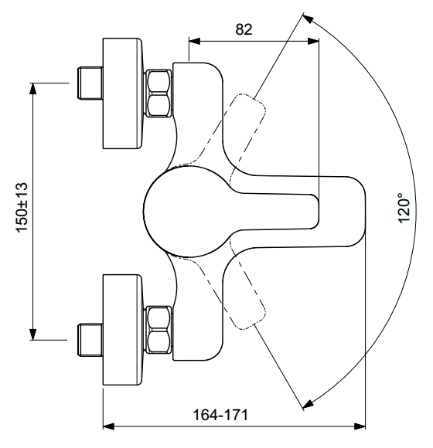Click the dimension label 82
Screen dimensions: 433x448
244,29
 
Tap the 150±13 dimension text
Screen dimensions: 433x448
22,208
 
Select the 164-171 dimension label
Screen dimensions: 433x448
220,415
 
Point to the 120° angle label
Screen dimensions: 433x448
404,208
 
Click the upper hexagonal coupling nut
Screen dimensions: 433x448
159,93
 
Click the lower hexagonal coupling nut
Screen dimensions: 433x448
159,330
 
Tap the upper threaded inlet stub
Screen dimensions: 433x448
90,83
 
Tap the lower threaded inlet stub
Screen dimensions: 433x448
90,340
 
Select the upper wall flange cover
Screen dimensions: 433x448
122,93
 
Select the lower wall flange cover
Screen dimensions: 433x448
122,330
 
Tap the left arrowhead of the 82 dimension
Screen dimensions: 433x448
195,41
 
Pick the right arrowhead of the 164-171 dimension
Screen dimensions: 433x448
360,426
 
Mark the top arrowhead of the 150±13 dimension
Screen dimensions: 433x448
33,89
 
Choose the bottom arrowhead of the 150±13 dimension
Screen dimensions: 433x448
33,334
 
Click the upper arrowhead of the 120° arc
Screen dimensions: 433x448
308,19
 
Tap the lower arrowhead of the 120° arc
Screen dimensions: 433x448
308,403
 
